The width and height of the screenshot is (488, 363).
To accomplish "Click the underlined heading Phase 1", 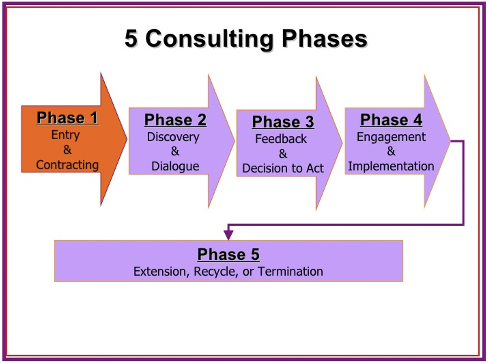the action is coord(67,118).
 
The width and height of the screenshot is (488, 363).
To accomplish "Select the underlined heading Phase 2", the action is coord(175,120).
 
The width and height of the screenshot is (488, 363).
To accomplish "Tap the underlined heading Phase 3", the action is coord(283,122).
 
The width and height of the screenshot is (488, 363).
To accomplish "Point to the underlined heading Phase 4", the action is coord(391,120).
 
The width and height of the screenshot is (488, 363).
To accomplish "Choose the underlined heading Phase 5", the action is coord(228,254).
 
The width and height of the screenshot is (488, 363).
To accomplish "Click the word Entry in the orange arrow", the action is coord(65,135).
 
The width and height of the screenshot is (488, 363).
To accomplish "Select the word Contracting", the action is coord(67,165).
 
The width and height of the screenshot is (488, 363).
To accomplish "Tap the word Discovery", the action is coord(173,137).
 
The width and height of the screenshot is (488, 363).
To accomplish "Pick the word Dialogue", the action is coord(175,166).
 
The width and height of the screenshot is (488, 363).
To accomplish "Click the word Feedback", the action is coord(281,139).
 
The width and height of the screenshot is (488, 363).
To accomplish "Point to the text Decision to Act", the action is coord(283,168).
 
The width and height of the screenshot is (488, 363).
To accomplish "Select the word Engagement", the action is coord(391,137).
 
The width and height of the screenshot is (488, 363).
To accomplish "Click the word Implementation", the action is coord(391,166).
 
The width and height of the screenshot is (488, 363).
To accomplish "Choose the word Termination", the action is coord(290,271).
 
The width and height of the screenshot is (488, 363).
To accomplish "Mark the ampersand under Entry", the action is coord(67,150).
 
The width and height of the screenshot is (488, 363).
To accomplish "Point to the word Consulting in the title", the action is coord(209,39).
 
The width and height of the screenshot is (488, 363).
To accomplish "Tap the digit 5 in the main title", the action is coord(131,38).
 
